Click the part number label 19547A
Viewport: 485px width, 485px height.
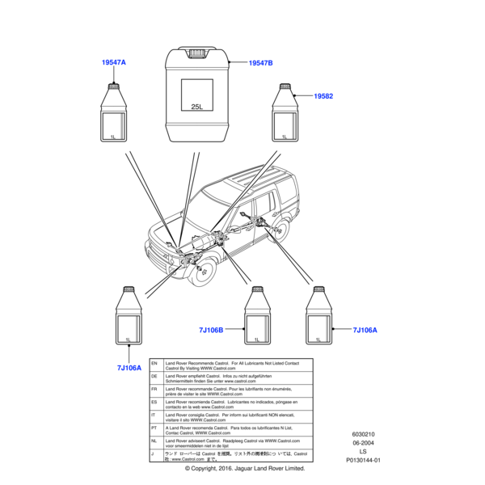point(114,62)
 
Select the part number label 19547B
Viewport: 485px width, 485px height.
point(260,62)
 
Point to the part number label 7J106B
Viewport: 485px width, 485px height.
point(211,330)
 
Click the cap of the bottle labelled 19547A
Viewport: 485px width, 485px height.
point(114,84)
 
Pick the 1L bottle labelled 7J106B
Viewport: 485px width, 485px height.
point(257,323)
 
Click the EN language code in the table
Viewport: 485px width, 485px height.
point(154,365)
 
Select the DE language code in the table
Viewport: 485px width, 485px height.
point(154,377)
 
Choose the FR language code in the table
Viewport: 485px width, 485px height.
point(154,390)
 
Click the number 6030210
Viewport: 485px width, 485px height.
point(362,433)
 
